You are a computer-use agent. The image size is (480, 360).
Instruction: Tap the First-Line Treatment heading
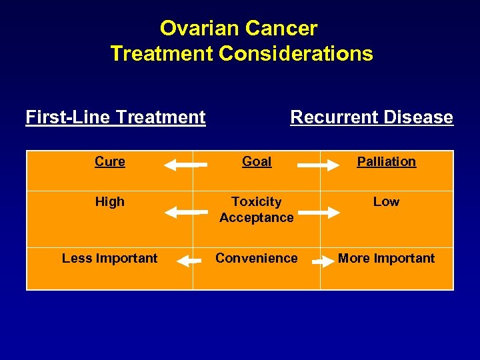coord(115,117)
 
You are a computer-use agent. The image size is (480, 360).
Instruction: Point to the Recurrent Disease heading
coord(371,117)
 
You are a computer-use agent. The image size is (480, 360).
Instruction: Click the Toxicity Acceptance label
coord(257,209)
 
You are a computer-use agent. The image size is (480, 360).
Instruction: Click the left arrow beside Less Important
coord(189,261)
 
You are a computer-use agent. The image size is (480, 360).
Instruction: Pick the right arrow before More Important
coord(323,261)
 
